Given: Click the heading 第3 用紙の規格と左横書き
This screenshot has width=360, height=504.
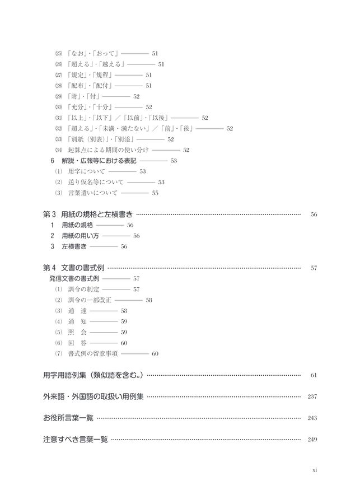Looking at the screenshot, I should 88,214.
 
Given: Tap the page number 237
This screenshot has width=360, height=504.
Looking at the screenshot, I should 312,397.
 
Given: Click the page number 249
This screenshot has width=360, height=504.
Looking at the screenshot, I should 312,440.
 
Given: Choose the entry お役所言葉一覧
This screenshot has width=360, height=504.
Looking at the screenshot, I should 68,418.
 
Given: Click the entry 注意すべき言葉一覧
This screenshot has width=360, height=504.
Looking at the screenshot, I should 76,440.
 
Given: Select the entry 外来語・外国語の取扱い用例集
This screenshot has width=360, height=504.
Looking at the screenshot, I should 93,397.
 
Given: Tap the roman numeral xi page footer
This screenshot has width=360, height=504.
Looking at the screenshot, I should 315,472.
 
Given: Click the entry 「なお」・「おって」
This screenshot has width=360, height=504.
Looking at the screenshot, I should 92,53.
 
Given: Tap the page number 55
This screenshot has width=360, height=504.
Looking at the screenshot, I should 155,193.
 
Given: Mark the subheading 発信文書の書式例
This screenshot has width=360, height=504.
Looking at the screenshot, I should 74,278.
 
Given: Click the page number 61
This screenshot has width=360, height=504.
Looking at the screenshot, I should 314,375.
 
